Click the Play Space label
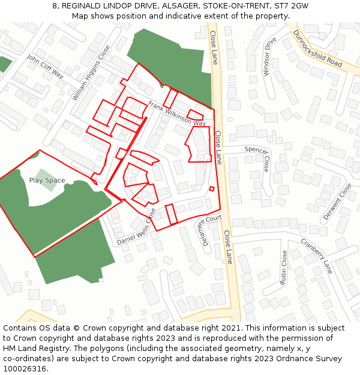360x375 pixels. (x=47, y=180)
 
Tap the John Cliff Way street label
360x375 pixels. (x=45, y=66)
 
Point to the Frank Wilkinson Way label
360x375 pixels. (x=177, y=113)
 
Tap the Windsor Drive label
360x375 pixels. (x=270, y=57)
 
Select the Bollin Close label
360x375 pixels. (x=284, y=268)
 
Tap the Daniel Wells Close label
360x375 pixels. (x=136, y=227)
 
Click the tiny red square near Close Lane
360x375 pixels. (x=212, y=189)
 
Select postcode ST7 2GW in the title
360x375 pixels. (x=290, y=5)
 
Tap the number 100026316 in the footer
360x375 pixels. (x=26, y=368)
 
